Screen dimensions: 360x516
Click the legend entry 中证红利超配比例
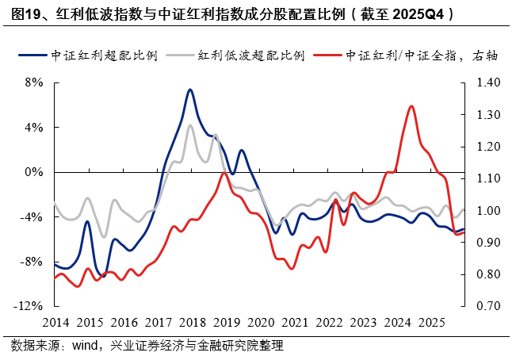[103, 56]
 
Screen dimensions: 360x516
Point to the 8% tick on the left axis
[33, 82]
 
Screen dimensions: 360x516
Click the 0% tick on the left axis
[33, 172]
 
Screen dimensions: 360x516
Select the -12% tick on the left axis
[30, 306]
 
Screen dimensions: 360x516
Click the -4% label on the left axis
[32, 216]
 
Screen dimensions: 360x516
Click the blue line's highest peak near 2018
[189, 90]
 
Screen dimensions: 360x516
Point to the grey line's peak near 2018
[190, 125]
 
